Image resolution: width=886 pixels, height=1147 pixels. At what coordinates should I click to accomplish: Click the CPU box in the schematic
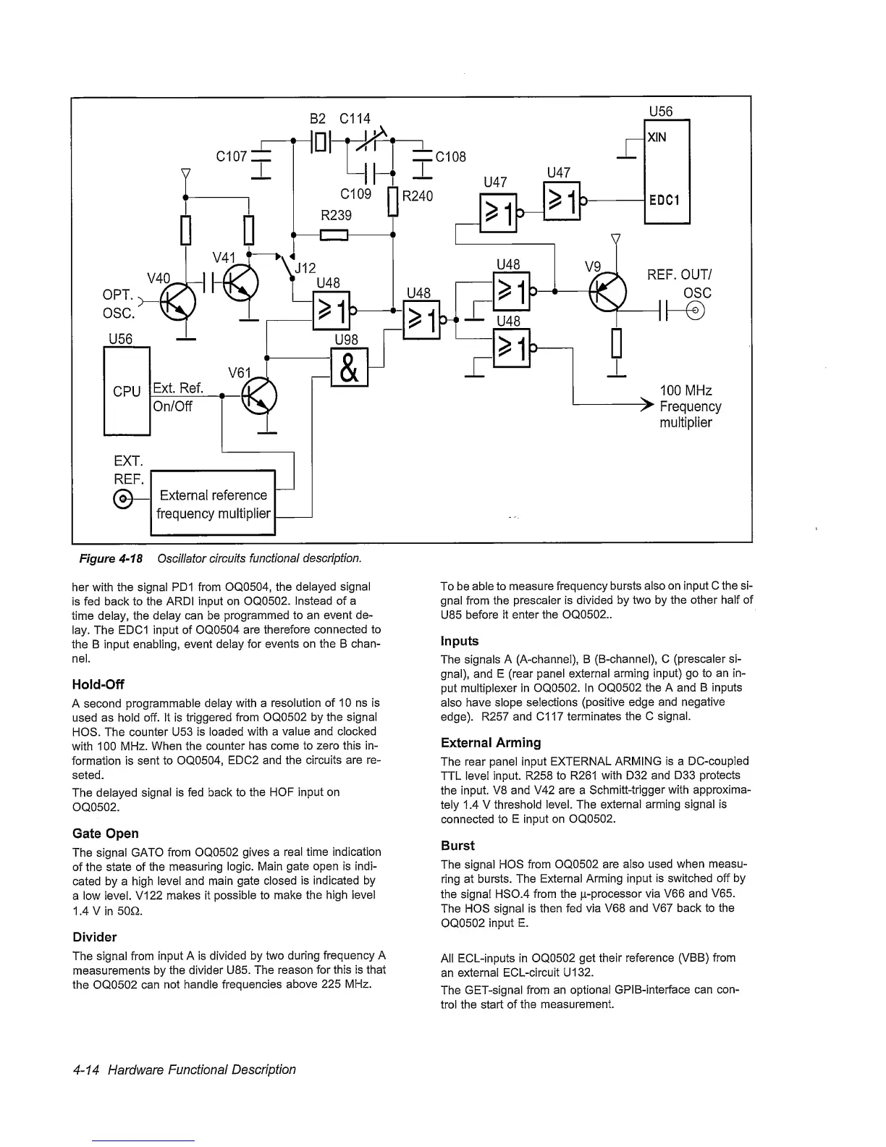pos(127,391)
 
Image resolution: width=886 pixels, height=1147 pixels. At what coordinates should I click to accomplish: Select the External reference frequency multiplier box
pos(214,504)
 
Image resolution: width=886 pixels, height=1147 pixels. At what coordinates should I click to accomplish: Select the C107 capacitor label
pos(232,156)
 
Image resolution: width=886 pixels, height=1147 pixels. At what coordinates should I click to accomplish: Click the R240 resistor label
pos(418,196)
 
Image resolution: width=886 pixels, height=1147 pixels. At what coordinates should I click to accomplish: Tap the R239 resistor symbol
pos(335,235)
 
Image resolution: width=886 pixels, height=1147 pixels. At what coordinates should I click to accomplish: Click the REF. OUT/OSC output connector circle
pos(696,311)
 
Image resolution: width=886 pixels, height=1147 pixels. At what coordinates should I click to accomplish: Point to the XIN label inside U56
pos(657,138)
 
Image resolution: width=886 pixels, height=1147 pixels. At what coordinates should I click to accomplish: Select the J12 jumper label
pos(305,267)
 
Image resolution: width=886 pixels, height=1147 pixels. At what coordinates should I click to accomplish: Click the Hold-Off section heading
pos(98,684)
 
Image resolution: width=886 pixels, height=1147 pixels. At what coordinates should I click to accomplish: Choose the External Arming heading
pos(490,742)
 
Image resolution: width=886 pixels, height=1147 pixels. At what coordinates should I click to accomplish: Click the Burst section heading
pos(457,845)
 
